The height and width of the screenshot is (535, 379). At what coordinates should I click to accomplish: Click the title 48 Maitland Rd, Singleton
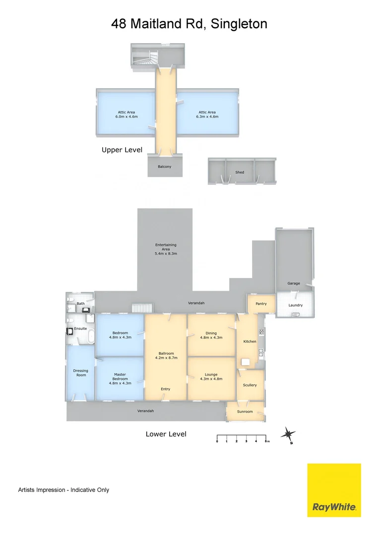pos(189,23)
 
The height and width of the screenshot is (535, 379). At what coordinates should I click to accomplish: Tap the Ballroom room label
pos(166,355)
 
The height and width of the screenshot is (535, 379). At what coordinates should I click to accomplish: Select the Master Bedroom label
pos(120,378)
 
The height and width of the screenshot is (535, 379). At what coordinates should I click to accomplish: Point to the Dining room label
pos(211,335)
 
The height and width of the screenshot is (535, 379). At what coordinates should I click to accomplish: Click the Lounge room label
pos(211,376)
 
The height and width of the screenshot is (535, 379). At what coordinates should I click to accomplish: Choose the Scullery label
pos(250,385)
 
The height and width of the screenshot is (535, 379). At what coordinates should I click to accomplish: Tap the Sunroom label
pos(245,412)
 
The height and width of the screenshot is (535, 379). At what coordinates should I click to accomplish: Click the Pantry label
pos(261,303)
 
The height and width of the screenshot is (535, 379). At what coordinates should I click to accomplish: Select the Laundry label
pos(296,305)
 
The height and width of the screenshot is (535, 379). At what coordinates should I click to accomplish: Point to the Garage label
pos(294,283)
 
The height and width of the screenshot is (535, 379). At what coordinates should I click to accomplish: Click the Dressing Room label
pos(80,373)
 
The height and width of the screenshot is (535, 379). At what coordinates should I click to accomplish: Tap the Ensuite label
pos(80,328)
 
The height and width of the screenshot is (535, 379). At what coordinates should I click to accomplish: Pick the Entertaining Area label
pos(166,249)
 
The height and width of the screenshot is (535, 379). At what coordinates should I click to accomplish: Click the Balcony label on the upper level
pos(165,166)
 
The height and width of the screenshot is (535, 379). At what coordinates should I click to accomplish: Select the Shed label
pos(240,172)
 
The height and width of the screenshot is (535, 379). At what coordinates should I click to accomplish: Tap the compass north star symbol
pos(288,434)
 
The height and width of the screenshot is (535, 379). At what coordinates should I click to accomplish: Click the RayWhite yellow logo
pos(334,490)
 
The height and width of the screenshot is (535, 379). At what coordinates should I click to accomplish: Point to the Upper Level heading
pos(122,150)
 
